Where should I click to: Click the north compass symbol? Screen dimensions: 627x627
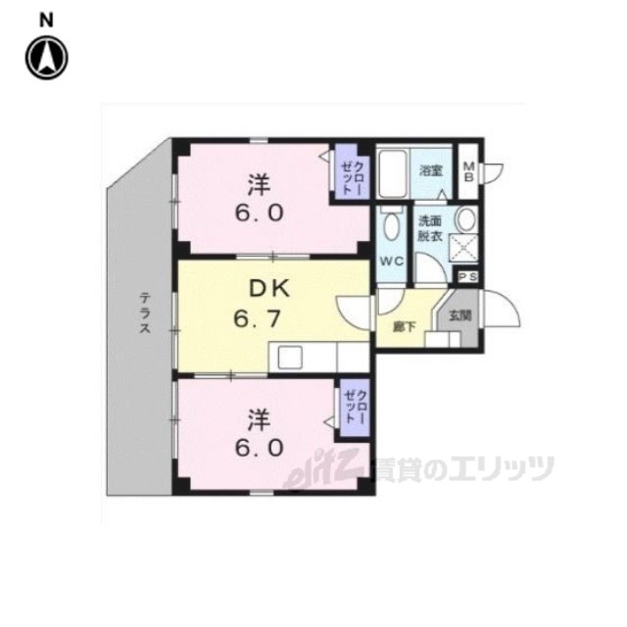[46, 57]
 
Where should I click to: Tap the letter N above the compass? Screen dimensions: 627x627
[46, 19]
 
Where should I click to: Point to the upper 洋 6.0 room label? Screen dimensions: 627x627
[259, 198]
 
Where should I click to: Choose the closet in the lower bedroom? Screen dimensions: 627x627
[353, 406]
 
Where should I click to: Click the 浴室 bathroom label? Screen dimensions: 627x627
[432, 170]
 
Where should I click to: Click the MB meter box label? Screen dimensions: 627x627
[468, 171]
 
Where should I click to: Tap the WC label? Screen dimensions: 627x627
[392, 261]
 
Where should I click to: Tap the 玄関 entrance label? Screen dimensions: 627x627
[459, 316]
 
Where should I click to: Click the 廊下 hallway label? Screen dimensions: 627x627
[402, 326]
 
